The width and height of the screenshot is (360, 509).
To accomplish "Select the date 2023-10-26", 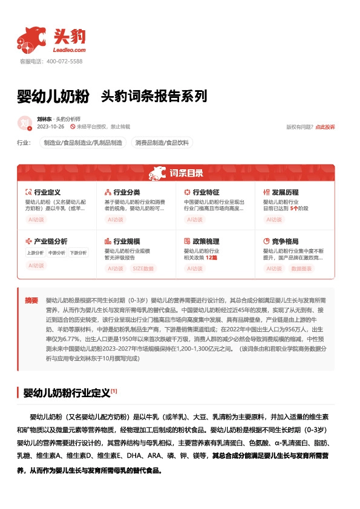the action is pyautogui.click(x=50, y=127).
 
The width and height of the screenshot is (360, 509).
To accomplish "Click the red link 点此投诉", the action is pyautogui.click(x=325, y=127).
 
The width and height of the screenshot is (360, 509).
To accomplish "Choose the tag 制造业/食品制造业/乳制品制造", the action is pyautogui.click(x=83, y=143).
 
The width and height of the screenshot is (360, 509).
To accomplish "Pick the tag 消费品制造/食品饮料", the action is pyautogui.click(x=162, y=143).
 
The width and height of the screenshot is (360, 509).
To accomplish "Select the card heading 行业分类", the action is pyautogui.click(x=126, y=192).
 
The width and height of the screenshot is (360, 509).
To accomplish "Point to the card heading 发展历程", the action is pyautogui.click(x=284, y=192).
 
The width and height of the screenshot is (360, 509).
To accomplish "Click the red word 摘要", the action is pyautogui.click(x=31, y=300).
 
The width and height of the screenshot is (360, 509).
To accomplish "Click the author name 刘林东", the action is pyautogui.click(x=44, y=119).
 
